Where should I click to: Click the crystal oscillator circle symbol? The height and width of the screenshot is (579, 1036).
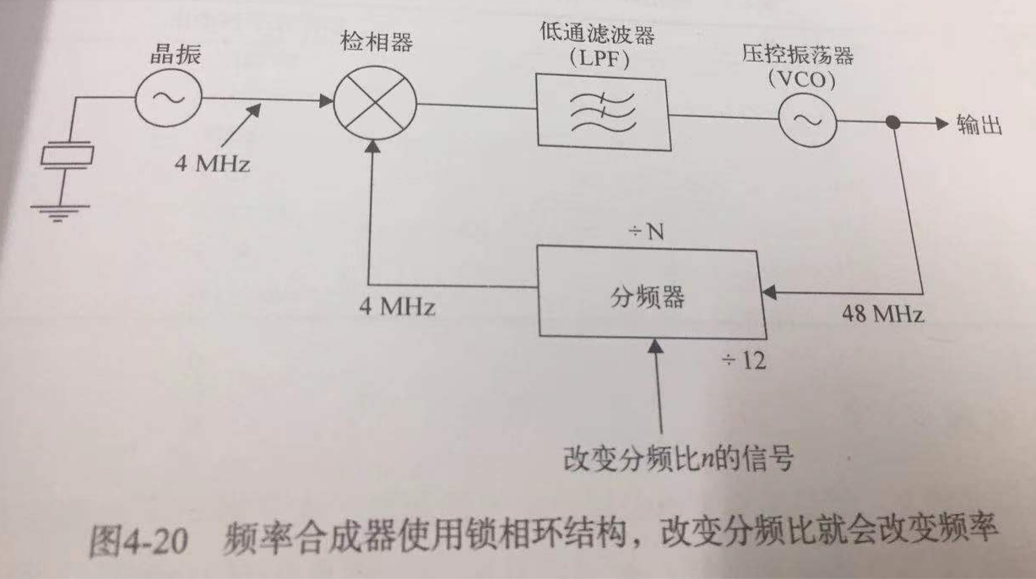[x=167, y=97]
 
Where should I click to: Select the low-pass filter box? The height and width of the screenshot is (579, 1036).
[x=602, y=110]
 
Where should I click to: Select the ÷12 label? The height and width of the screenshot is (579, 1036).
[x=742, y=361]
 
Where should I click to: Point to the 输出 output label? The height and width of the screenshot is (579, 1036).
[x=979, y=125]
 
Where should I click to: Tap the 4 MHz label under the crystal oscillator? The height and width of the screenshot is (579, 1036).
[x=213, y=164]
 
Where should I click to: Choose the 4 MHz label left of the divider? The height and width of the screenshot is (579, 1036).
[x=396, y=306]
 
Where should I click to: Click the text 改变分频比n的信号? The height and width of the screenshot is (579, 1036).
[x=679, y=461]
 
